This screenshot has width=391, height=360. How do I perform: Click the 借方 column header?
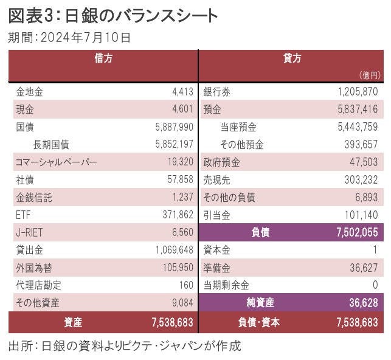click(103, 58)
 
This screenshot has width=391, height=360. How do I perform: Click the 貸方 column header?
click(292, 58)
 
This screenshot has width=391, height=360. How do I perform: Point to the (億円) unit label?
click(369, 75)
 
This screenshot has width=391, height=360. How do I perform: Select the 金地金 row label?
click(29, 92)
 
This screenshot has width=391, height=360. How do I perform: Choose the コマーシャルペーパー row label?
click(56, 162)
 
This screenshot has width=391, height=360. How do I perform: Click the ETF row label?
click(23, 215)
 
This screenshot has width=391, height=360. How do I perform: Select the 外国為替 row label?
click(34, 268)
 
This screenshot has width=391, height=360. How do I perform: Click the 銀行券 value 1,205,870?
click(358, 92)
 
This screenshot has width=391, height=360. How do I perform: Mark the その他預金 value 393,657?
click(361, 145)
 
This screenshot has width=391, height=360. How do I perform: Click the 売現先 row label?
click(216, 180)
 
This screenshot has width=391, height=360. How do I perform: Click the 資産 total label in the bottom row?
click(73, 322)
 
